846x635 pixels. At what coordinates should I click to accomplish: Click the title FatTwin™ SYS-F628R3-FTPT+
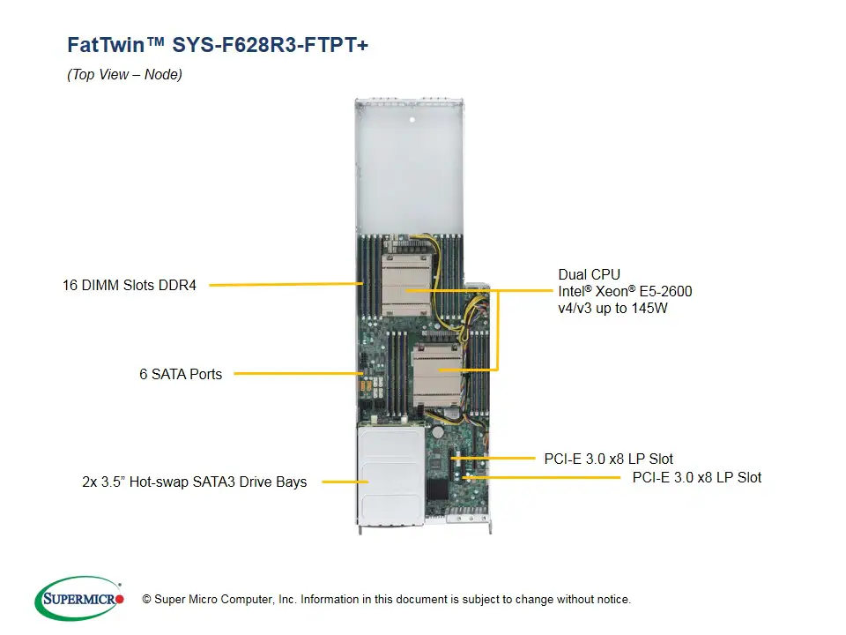pos(218,45)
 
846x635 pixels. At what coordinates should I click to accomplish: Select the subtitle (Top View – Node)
pos(124,75)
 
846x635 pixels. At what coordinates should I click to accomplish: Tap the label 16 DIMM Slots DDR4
pos(130,285)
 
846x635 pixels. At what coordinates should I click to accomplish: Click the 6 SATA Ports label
pos(181,374)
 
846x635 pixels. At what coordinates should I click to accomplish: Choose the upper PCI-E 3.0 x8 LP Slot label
pos(609,459)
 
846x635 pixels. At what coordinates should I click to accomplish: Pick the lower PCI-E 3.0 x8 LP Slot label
pos(697,477)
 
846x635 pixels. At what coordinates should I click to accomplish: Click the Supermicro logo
pos(78,598)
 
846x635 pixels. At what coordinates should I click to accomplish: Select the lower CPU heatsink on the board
pos(438,370)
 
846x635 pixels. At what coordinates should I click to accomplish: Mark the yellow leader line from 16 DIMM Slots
pos(282,284)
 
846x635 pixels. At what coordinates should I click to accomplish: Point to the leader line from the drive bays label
pos(344,482)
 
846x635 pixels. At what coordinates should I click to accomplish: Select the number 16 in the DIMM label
pos(70,285)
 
